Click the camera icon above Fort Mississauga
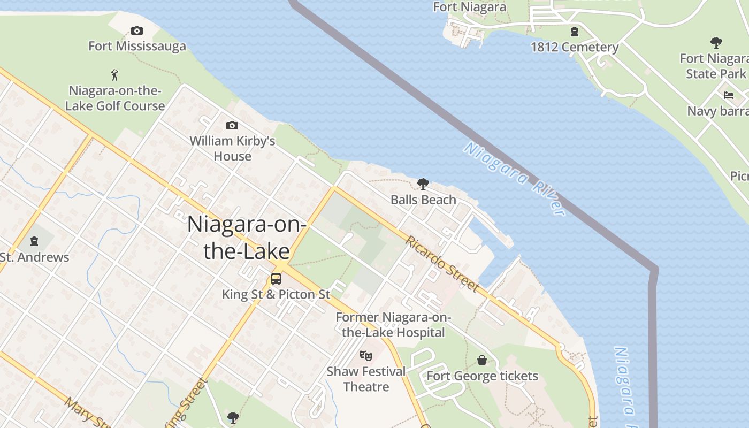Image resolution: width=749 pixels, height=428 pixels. pos(137,31)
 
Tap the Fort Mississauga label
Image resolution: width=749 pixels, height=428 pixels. pos(137,46)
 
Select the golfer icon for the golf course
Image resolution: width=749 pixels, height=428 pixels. pos(114,75)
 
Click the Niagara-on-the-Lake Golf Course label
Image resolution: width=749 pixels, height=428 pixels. pos(115,98)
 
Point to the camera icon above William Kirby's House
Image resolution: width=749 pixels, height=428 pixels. pos(232,126)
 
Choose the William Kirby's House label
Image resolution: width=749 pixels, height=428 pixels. pos(232,149)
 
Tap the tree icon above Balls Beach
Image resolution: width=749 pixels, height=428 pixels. pos(423,185)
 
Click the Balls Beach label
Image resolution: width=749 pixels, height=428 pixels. pos(423,200)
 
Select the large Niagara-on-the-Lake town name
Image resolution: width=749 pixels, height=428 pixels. pos(246,237)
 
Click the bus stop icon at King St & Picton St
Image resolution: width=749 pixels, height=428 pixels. pos(276,279)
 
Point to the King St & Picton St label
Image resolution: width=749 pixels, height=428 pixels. pos(276,294)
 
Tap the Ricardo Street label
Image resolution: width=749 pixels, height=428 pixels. pos(442,264)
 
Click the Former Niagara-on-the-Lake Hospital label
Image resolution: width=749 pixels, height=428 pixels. pos(393,325)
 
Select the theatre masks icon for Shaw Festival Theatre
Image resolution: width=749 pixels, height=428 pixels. pos(366,355)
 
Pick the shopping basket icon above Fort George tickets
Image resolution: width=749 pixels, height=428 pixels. pos(482,360)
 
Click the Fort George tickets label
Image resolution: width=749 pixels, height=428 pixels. pos(482,376)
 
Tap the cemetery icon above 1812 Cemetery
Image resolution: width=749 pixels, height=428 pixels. pos(575,32)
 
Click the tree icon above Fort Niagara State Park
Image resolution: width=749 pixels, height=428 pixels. pos(716,43)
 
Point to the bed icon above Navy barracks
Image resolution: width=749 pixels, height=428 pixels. pos(729,96)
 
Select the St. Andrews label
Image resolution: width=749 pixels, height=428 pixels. pos(35,257)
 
